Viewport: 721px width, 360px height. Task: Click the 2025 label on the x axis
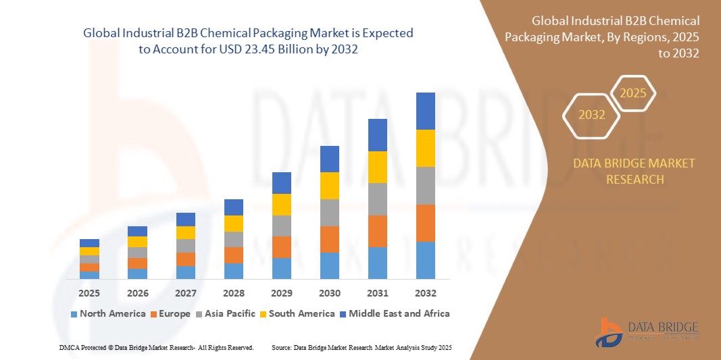pos(89,294)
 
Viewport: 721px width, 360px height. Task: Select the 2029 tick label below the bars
pos(282,294)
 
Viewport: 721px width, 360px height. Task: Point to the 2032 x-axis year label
pos(426,294)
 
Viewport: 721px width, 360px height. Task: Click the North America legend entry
pos(108,313)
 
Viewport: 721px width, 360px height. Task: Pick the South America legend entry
pos(297,313)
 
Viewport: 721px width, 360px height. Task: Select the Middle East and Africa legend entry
pos(395,313)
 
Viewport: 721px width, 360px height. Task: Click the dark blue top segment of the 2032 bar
pos(426,111)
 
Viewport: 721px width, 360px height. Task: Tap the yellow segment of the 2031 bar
pos(378,167)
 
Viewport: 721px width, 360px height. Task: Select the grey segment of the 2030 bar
pos(330,212)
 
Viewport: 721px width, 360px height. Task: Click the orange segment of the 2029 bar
pos(282,247)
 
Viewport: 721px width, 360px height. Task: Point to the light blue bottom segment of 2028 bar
pos(234,271)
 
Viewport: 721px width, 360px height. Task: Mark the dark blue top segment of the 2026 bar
pos(137,231)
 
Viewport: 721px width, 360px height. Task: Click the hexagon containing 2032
pos(592,115)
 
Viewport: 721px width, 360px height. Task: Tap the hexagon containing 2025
pos(633,93)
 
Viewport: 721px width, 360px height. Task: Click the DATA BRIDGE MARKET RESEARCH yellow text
pos(634,172)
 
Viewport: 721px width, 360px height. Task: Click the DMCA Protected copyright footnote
pos(156,347)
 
